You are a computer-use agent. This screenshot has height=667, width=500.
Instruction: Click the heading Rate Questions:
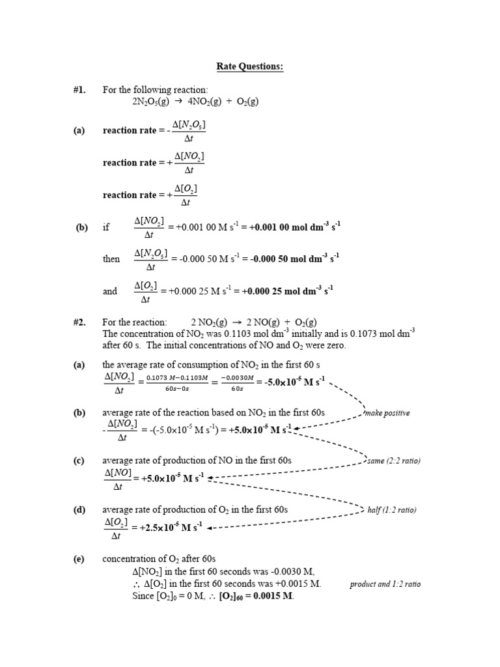point(250,67)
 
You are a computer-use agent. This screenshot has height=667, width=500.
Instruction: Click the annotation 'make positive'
point(389,413)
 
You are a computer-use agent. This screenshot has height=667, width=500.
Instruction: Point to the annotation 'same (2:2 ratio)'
point(394,461)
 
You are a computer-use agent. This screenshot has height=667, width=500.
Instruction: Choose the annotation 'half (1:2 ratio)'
point(391,509)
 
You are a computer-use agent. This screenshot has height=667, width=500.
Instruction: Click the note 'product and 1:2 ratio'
point(385,584)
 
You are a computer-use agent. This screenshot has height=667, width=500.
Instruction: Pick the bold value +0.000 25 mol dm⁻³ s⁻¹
point(283,291)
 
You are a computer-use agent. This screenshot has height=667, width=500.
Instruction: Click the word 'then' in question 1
point(111,259)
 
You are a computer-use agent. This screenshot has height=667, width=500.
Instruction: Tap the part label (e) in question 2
point(79,559)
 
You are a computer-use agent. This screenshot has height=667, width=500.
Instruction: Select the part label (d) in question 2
point(79,509)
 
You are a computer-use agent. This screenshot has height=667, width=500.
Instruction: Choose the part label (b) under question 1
point(81,227)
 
